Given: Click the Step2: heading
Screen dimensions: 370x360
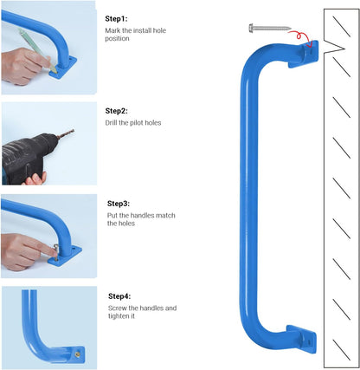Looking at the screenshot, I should [117, 111].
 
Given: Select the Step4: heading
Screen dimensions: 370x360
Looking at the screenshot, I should [120, 296].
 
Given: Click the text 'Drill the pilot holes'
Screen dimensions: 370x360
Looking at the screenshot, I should [133, 123].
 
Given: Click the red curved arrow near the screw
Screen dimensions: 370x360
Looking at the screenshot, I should [299, 36].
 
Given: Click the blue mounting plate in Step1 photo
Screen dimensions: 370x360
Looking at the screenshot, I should [74, 64].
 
